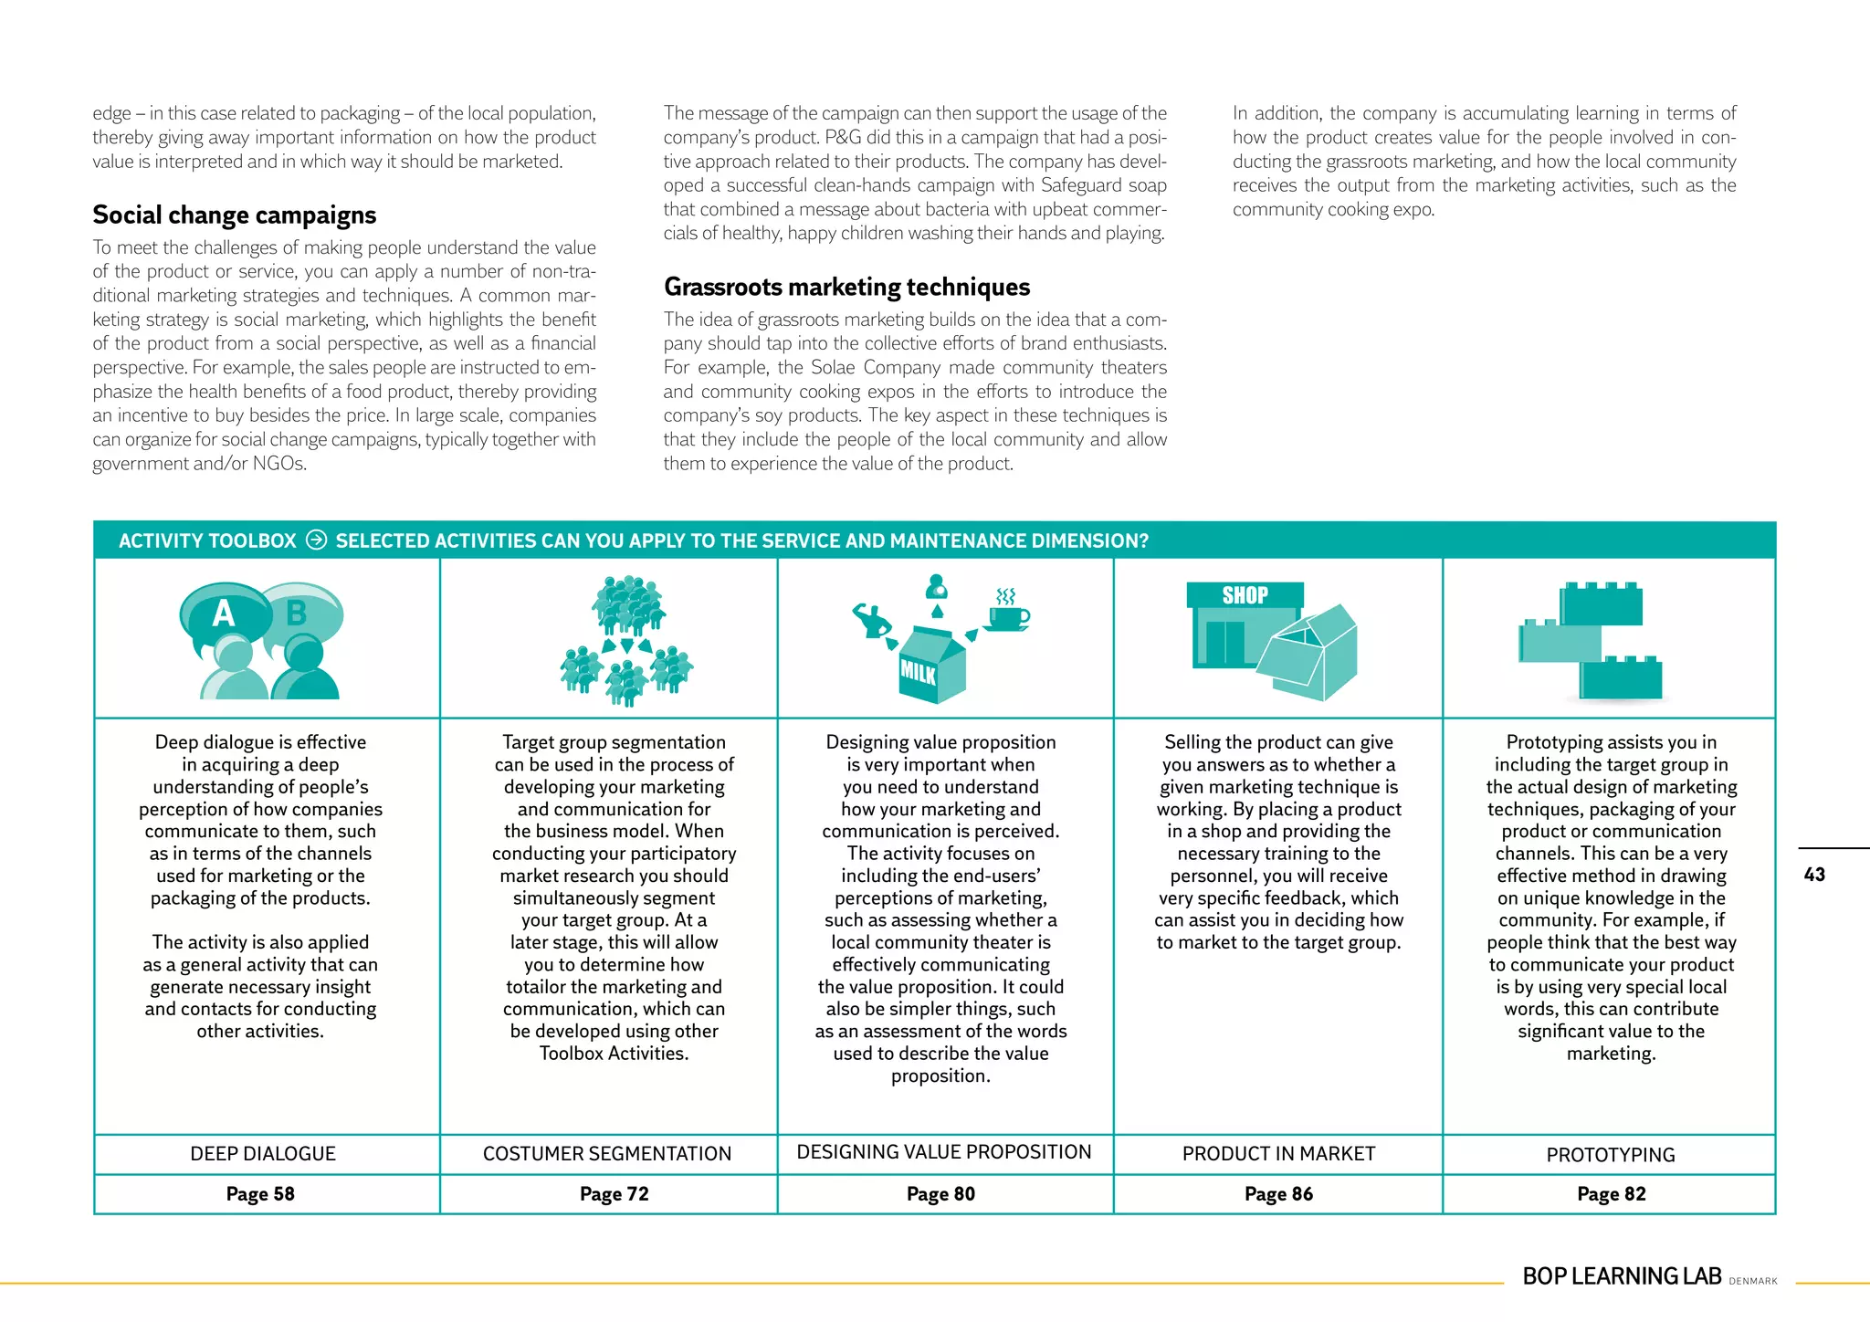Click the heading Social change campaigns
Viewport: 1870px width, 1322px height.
pyautogui.click(x=234, y=215)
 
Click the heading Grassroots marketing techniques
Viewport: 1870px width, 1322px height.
pyautogui.click(x=846, y=288)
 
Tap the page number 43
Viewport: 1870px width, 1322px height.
pyautogui.click(x=1813, y=875)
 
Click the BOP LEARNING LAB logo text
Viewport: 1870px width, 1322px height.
pyautogui.click(x=1622, y=1276)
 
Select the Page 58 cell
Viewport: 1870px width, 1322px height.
pyautogui.click(x=260, y=1194)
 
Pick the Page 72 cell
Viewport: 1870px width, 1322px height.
pyautogui.click(x=614, y=1194)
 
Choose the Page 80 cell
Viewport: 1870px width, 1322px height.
pyautogui.click(x=940, y=1194)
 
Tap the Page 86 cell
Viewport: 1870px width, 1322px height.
pyautogui.click(x=1278, y=1194)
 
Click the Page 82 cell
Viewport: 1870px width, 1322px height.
pyautogui.click(x=1611, y=1194)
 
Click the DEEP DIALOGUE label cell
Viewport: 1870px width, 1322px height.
pyautogui.click(x=263, y=1154)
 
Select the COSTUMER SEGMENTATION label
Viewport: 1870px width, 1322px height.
pyautogui.click(x=607, y=1154)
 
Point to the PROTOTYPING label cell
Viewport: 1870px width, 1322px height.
pyautogui.click(x=1611, y=1155)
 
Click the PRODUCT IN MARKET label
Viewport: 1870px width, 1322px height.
pyautogui.click(x=1278, y=1154)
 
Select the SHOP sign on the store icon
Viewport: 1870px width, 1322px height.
pyautogui.click(x=1245, y=595)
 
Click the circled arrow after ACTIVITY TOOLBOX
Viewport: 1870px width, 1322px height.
pyautogui.click(x=316, y=540)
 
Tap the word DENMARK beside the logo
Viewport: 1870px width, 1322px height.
pyautogui.click(x=1753, y=1282)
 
